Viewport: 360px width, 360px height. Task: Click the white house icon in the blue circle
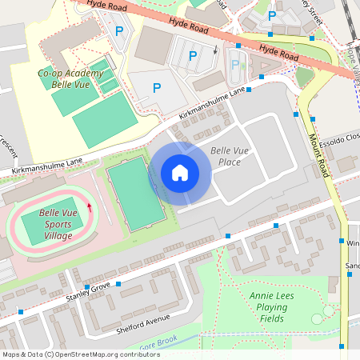click(179, 173)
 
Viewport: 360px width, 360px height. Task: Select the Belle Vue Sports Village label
click(58, 225)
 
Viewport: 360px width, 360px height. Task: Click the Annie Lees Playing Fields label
click(267, 306)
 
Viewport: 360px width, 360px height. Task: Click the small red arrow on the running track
click(89, 208)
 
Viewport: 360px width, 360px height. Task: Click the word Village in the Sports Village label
click(58, 236)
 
